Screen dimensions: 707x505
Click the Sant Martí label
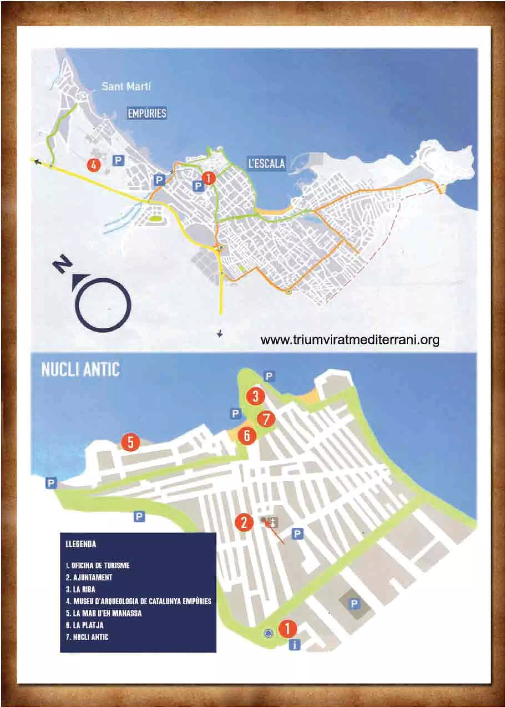click(126, 86)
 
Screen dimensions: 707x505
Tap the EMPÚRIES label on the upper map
click(147, 113)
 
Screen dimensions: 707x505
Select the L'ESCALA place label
click(267, 163)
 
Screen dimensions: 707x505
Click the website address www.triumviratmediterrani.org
click(350, 340)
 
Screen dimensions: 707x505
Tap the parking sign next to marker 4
click(118, 161)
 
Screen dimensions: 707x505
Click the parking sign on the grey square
click(354, 604)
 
